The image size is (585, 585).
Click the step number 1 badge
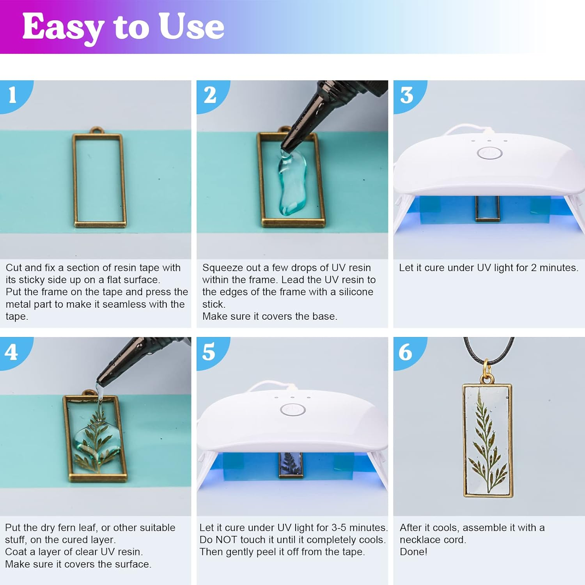point(12,95)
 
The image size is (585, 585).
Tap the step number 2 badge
point(210,95)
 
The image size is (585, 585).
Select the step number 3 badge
point(407,95)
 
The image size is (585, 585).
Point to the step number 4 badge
point(11,352)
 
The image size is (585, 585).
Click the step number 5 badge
point(209,352)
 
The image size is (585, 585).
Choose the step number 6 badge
point(406,352)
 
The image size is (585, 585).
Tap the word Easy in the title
point(62,27)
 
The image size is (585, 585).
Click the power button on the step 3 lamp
point(489,153)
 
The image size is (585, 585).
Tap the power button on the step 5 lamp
point(292,410)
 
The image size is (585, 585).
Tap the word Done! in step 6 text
point(413,552)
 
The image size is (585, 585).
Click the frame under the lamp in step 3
point(487,209)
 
